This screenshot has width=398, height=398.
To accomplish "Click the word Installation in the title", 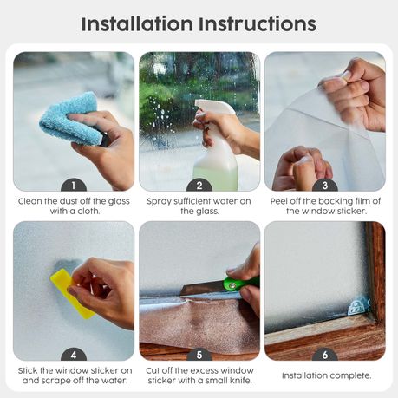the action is coord(137,24).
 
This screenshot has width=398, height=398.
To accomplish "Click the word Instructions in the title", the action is coord(258,24).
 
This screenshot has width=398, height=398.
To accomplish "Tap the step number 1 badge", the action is coord(74,186).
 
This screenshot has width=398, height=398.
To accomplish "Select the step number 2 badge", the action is coord(199,186).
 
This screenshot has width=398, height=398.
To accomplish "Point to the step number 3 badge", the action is coord(325,186).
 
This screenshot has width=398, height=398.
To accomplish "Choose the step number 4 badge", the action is coord(74,355).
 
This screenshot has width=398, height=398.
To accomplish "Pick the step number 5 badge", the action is coord(199,355).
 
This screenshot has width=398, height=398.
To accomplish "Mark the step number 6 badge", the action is coord(325,355).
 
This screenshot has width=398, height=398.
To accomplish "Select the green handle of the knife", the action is coord(240,283).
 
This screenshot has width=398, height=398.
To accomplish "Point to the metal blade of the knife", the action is coord(203,289).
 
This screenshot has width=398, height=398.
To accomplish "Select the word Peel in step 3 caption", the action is coord(279,201).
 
